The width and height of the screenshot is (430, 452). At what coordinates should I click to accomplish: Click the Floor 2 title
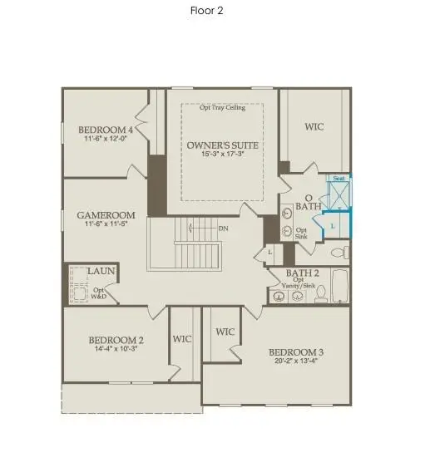[x=206, y=11]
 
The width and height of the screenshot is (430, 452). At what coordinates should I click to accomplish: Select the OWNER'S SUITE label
[x=222, y=145]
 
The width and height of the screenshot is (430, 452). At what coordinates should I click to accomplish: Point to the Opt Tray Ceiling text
[x=222, y=107]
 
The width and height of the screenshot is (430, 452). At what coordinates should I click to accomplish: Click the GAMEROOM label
[x=100, y=214]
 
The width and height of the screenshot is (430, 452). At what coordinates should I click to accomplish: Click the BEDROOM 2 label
[x=117, y=340]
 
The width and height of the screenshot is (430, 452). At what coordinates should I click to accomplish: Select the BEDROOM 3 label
[x=295, y=352]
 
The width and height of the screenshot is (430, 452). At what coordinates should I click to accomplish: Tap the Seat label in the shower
[x=339, y=178]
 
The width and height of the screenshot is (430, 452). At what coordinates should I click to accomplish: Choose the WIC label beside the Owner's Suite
[x=314, y=127]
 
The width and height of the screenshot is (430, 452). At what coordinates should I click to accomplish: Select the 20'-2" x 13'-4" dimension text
[x=295, y=361]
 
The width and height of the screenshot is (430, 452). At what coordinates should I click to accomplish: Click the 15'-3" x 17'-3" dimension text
[x=222, y=155]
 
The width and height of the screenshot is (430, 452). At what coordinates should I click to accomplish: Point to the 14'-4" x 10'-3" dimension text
[x=117, y=349]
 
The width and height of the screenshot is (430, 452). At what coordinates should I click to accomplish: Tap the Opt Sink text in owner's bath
[x=301, y=233]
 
